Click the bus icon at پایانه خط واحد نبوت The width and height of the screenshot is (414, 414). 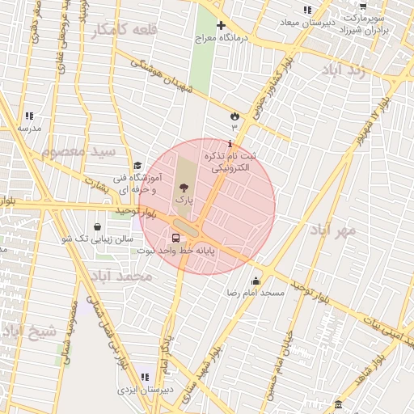(175, 239)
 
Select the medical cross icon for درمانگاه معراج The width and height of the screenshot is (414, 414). (221, 27)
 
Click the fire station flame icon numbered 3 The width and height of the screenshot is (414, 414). (235, 116)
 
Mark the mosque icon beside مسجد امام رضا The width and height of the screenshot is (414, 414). (256, 281)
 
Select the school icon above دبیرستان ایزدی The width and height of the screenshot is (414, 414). (145, 377)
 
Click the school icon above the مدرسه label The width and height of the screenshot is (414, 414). (29, 116)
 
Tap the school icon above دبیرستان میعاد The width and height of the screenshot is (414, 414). (306, 10)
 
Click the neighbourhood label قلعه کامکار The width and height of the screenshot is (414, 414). (122, 30)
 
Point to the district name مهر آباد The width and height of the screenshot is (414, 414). (332, 231)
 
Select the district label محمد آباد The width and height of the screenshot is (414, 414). (120, 277)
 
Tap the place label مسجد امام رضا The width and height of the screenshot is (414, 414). (256, 292)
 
